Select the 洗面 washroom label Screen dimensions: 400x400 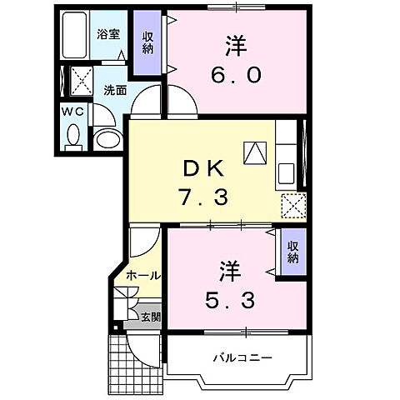(x=114, y=90)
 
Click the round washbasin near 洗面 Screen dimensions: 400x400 (x=107, y=138)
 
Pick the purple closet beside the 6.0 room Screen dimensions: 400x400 (x=148, y=42)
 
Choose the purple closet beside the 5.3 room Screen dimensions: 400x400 (x=293, y=252)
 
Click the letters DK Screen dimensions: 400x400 (x=203, y=168)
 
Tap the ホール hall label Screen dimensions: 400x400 (x=142, y=275)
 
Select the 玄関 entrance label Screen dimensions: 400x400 (x=150, y=316)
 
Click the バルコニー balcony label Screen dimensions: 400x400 (x=241, y=358)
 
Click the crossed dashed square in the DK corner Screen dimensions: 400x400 (x=293, y=205)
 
